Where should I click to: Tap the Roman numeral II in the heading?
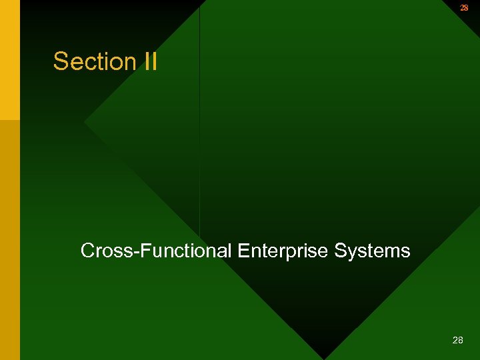point(150,61)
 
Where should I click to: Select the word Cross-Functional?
point(156,251)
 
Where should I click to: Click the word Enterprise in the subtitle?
point(283,251)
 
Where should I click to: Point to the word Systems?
point(372,251)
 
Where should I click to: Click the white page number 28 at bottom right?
point(457,340)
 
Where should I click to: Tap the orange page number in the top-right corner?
point(464,7)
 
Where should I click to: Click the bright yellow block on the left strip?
point(10,60)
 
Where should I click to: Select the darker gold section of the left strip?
point(10,240)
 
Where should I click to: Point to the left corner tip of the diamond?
point(85,123)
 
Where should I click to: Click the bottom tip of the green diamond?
point(324,358)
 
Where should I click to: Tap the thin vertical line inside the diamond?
point(200,133)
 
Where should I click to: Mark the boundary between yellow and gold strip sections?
point(10,120)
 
